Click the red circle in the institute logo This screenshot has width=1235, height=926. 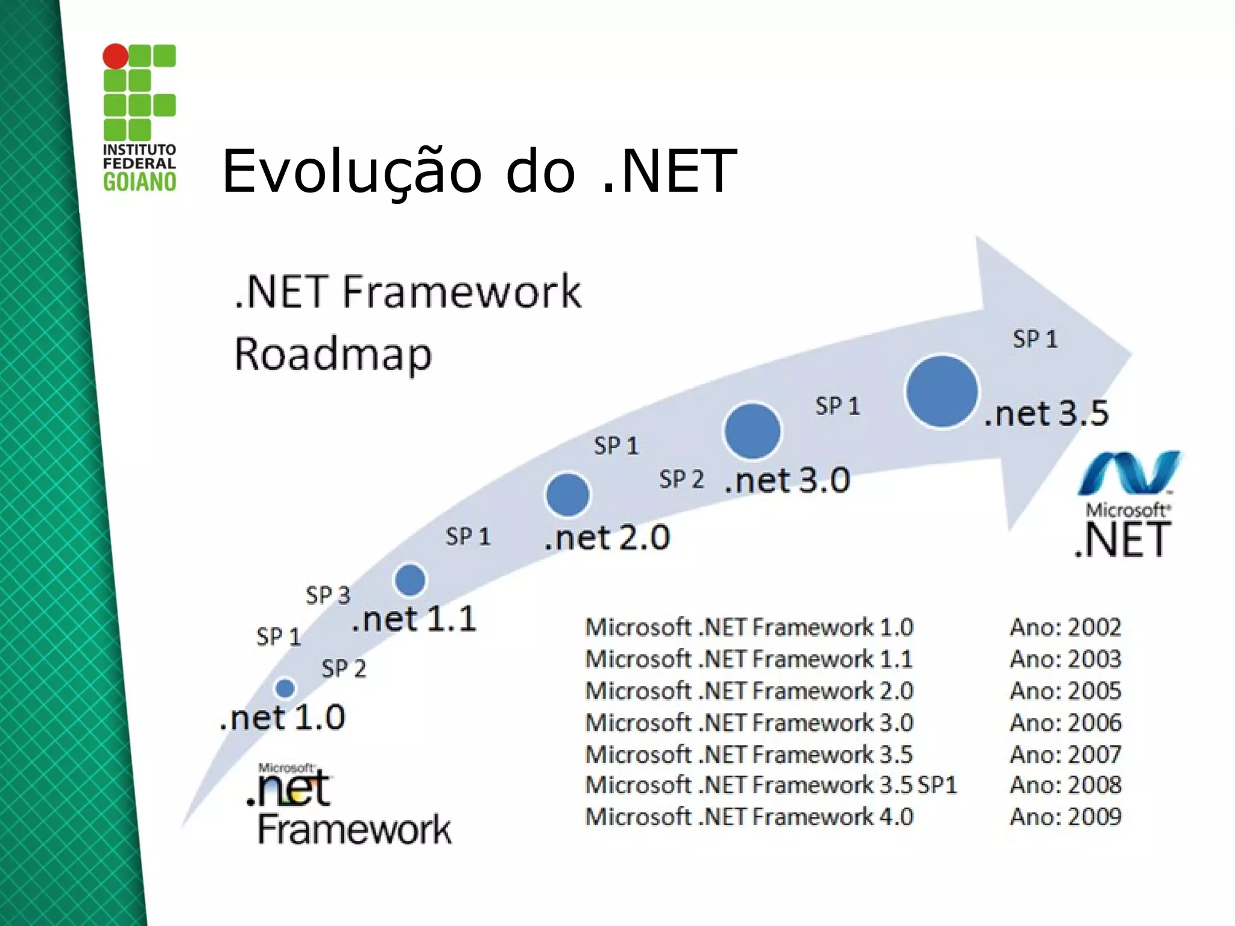pyautogui.click(x=115, y=56)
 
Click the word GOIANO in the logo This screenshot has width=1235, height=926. pyautogui.click(x=139, y=182)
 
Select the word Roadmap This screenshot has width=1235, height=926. pyautogui.click(x=333, y=354)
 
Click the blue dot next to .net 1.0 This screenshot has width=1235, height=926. pyautogui.click(x=285, y=688)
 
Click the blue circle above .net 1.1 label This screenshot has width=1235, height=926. pyautogui.click(x=410, y=580)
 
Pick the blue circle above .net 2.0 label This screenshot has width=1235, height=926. pyautogui.click(x=567, y=495)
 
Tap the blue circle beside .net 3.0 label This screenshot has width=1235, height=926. pyautogui.click(x=752, y=431)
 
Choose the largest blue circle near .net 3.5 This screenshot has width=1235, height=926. pyautogui.click(x=941, y=391)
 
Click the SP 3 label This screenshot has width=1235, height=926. pyautogui.click(x=327, y=595)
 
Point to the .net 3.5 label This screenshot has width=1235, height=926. pyautogui.click(x=1046, y=414)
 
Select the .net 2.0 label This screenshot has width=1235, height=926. pyautogui.click(x=607, y=538)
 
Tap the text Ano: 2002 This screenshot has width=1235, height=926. pyautogui.click(x=1066, y=627)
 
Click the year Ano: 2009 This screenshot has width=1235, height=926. pyautogui.click(x=1066, y=817)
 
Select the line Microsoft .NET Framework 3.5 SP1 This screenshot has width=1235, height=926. pyautogui.click(x=771, y=785)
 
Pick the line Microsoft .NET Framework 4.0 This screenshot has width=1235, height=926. pyautogui.click(x=749, y=817)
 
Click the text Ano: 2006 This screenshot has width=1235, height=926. pyautogui.click(x=1066, y=723)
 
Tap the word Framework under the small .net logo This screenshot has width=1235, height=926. pyautogui.click(x=355, y=830)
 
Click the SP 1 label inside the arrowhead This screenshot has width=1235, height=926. pyautogui.click(x=1035, y=339)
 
